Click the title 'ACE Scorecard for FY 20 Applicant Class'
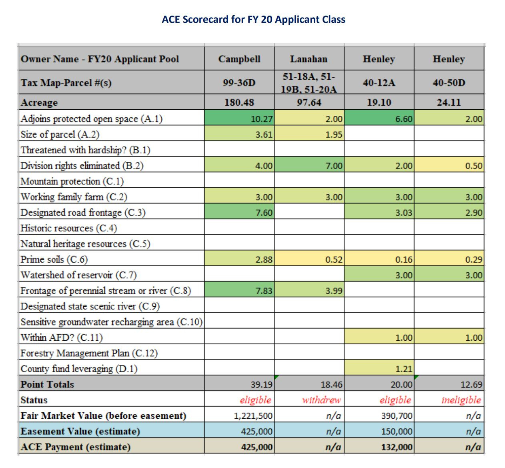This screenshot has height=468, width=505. pyautogui.click(x=254, y=19)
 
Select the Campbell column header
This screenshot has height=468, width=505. pyautogui.click(x=239, y=59)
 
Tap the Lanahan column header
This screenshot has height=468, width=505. pyautogui.click(x=309, y=59)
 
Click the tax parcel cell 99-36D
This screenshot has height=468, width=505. pyautogui.click(x=239, y=83)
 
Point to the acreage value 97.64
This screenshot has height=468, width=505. pyautogui.click(x=309, y=102)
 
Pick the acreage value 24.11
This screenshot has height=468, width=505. pyautogui.click(x=449, y=102)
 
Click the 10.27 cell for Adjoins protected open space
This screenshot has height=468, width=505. pyautogui.click(x=262, y=119)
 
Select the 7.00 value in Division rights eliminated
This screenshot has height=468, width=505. pyautogui.click(x=334, y=166)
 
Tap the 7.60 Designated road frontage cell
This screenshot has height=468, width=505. pyautogui.click(x=264, y=213)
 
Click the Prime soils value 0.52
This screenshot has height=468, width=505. pyautogui.click(x=334, y=259)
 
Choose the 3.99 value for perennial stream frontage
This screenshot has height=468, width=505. pyautogui.click(x=334, y=291)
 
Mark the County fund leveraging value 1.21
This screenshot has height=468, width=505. pyautogui.click(x=404, y=369)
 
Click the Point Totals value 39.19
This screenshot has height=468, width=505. pyautogui.click(x=262, y=384)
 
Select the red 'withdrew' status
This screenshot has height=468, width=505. pyautogui.click(x=321, y=400)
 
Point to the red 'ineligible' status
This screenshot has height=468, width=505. pyautogui.click(x=461, y=400)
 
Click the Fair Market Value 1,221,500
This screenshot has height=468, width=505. pyautogui.click(x=253, y=416)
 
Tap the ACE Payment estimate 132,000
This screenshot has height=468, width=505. pyautogui.click(x=397, y=447)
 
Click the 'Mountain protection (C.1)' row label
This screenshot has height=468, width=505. pyautogui.click(x=72, y=181)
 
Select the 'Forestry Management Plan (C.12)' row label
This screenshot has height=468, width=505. pyautogui.click(x=89, y=353)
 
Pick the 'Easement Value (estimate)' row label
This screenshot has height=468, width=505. pyautogui.click(x=80, y=431)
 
